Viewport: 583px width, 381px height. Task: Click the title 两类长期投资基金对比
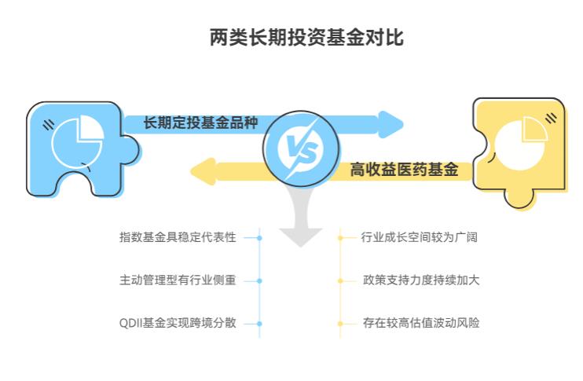pos(306,37)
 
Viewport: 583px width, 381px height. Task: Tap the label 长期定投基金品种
pos(200,123)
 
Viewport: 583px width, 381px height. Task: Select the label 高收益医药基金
pos(404,170)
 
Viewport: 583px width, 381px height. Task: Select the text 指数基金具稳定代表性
pos(177,237)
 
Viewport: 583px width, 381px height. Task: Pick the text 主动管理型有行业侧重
pos(177,280)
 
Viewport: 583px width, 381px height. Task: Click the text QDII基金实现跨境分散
pos(177,323)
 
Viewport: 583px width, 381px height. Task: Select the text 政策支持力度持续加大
pos(420,280)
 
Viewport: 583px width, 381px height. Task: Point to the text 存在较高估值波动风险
pos(420,323)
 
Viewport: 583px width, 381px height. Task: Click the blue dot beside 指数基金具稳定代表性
pos(259,237)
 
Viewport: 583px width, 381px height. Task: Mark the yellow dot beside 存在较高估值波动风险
pos(340,323)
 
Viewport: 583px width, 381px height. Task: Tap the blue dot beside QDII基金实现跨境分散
pos(259,323)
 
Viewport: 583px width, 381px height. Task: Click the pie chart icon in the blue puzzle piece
pos(77,139)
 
